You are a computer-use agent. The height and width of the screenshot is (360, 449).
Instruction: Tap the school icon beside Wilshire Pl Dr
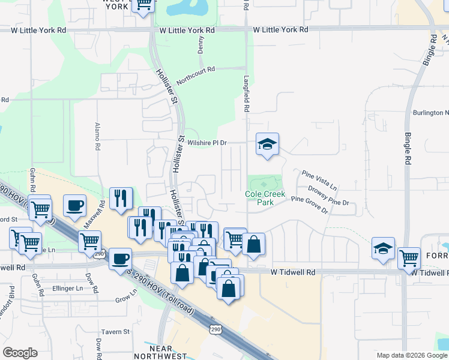click(267, 144)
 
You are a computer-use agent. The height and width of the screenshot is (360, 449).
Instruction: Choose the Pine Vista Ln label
click(319, 179)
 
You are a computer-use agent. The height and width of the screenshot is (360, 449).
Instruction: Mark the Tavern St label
click(115, 332)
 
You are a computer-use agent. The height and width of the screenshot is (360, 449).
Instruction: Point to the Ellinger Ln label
click(67, 289)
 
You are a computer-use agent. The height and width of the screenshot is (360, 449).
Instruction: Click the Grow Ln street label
click(126, 297)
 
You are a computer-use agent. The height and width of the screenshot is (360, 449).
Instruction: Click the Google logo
click(20, 353)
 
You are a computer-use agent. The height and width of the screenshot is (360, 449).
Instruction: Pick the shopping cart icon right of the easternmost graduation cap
click(409, 257)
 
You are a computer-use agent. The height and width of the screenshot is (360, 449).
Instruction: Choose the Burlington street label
click(430, 112)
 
